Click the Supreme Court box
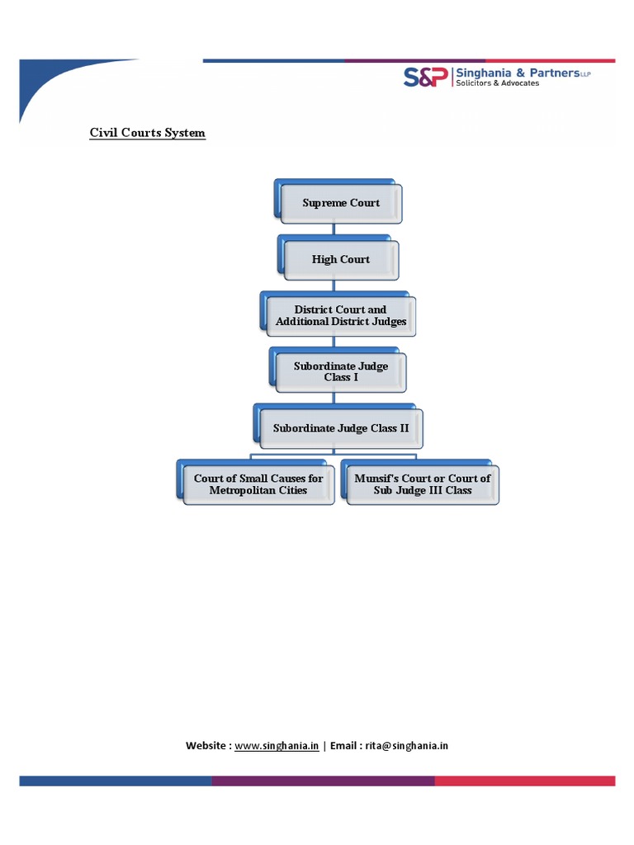click(341, 203)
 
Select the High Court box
click(340, 259)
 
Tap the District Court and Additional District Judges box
click(340, 316)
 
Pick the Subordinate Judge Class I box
click(340, 371)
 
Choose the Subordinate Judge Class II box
click(340, 428)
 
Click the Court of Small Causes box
click(258, 484)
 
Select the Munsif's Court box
click(422, 484)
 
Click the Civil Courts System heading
click(147, 133)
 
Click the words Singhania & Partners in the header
click(519, 73)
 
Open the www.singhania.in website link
click(277, 745)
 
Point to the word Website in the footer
click(206, 745)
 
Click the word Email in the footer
click(344, 745)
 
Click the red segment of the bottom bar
click(524, 781)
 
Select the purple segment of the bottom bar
click(323, 781)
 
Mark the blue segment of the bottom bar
click(115, 781)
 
